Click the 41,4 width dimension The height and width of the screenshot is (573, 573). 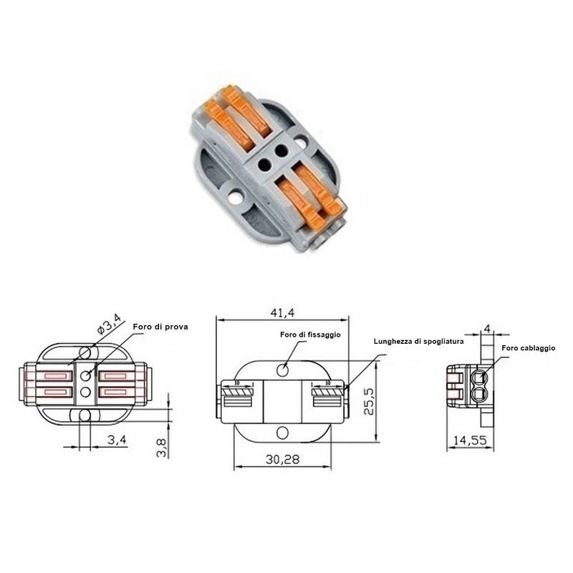(x=282, y=312)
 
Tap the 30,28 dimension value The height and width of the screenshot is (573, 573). (x=282, y=459)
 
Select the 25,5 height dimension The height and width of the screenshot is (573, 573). (x=370, y=401)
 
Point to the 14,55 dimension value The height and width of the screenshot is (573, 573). (x=470, y=440)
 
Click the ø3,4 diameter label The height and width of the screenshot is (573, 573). (x=110, y=324)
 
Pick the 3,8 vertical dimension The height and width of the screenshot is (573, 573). (x=161, y=448)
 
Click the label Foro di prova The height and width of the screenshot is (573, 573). (x=160, y=327)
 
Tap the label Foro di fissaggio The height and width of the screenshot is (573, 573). (x=310, y=334)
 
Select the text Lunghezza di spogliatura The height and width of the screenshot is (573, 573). (x=419, y=342)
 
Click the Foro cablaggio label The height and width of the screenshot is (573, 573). (x=529, y=348)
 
